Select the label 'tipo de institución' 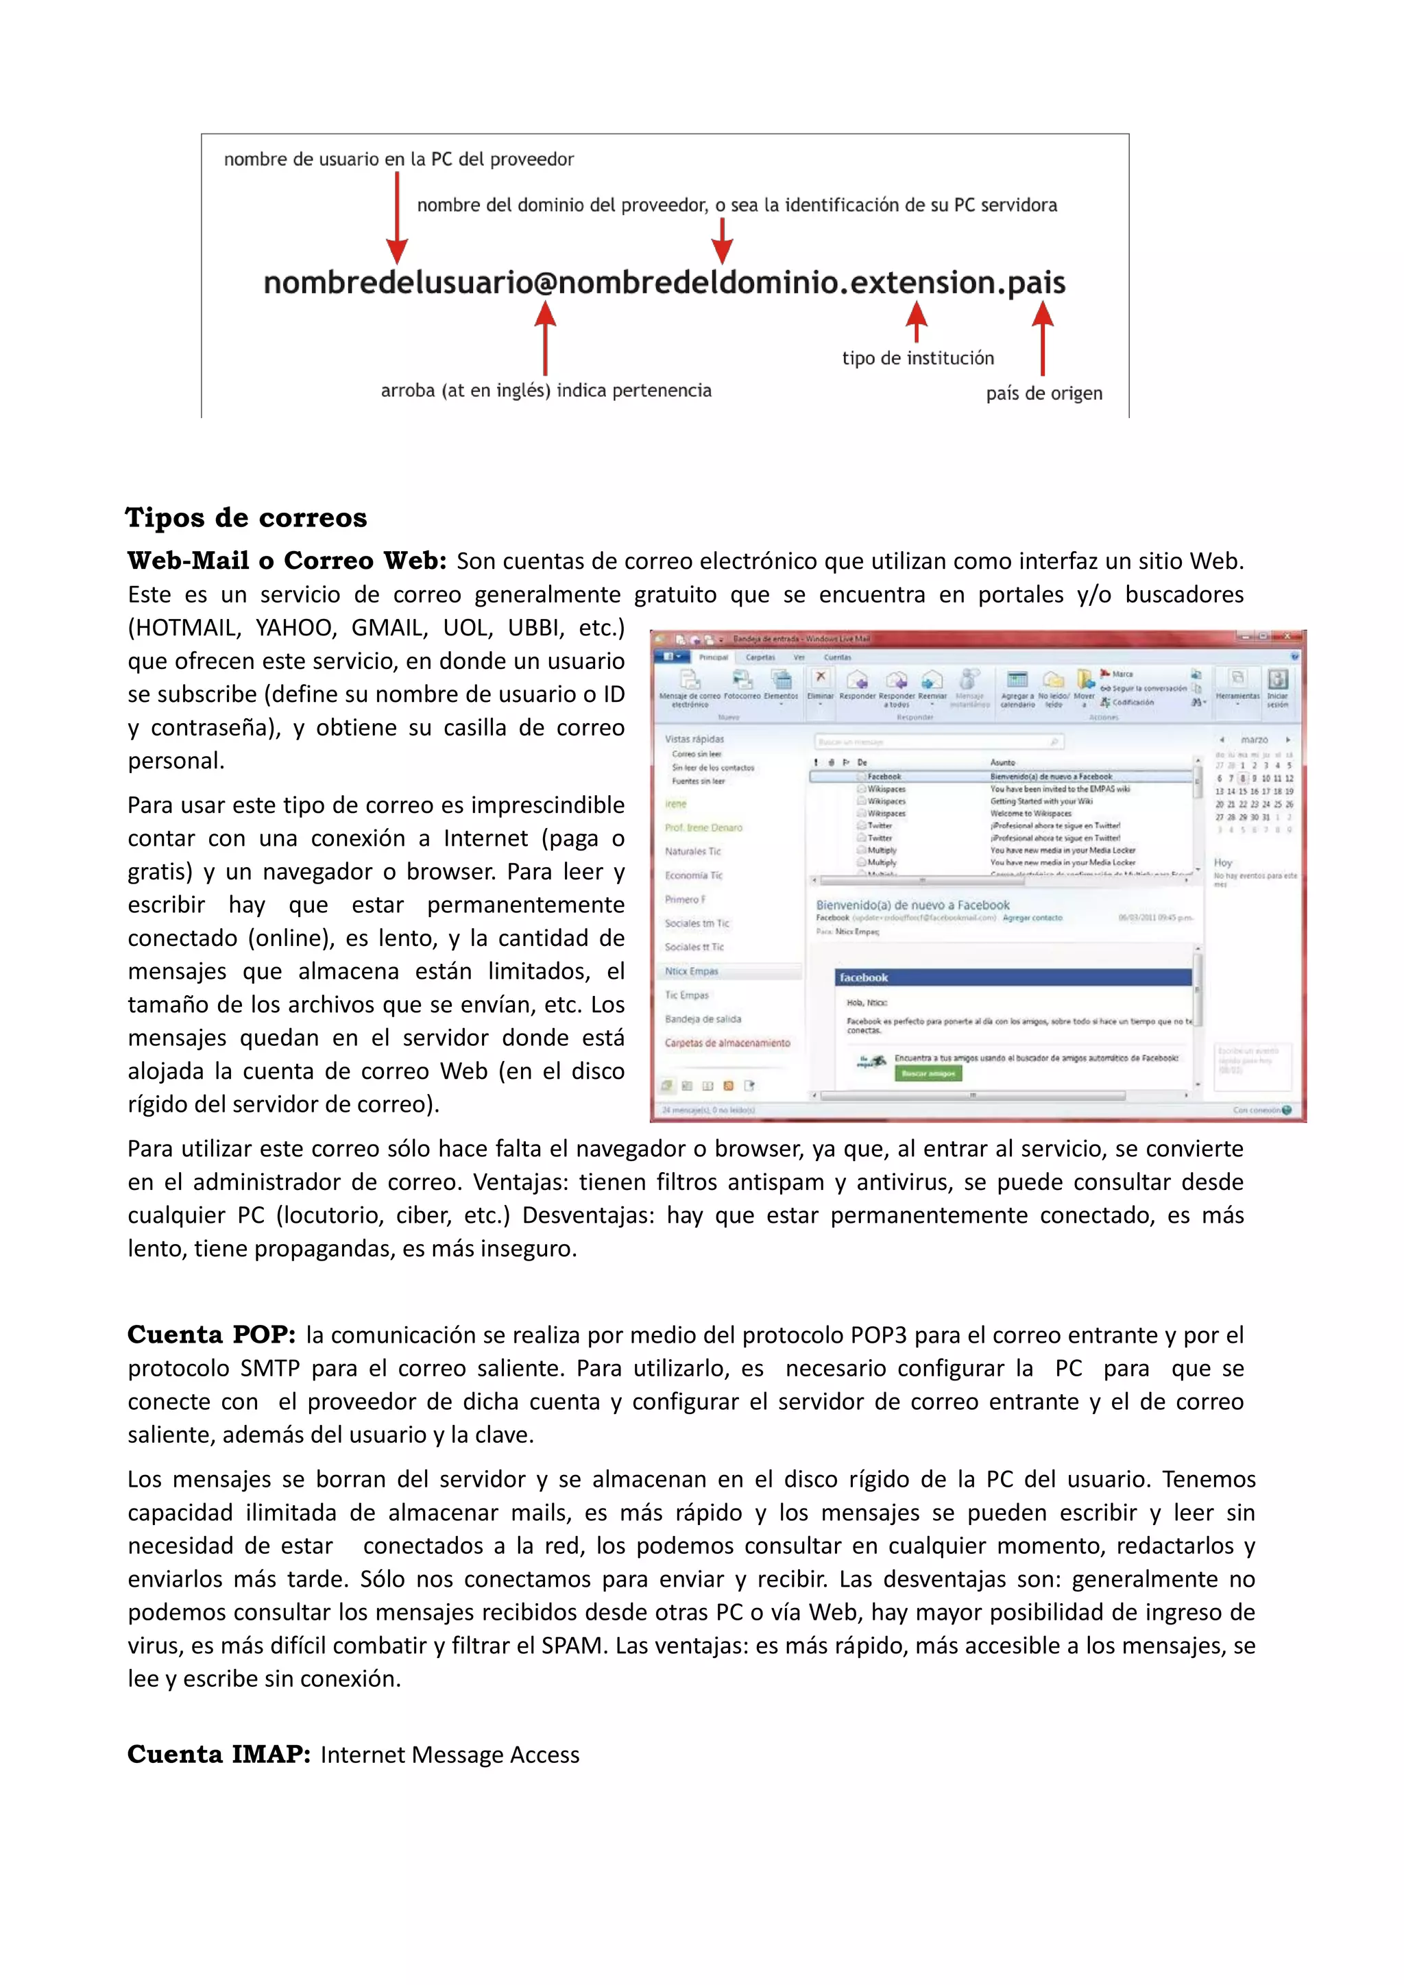click(917, 358)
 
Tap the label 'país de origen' click(1043, 393)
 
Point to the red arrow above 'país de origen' click(1043, 337)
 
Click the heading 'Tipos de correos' click(246, 518)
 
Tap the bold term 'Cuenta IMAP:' click(219, 1753)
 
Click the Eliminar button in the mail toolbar click(821, 685)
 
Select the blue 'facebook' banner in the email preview click(1013, 977)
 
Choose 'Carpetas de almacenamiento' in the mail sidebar click(727, 1043)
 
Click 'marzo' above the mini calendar click(1254, 740)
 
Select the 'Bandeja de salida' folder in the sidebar click(703, 1019)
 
